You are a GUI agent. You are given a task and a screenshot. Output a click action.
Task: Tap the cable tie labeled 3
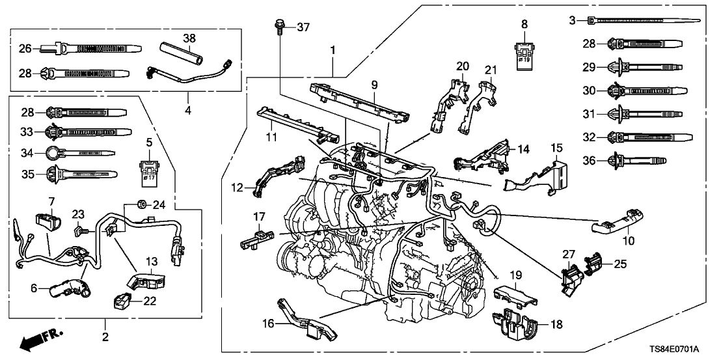click(x=635, y=21)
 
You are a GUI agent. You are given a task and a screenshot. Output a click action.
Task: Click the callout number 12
click(x=238, y=188)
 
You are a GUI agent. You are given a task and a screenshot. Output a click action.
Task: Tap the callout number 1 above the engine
click(x=334, y=49)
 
